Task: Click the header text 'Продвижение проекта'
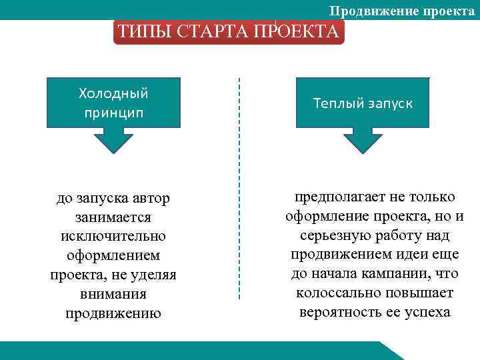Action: click(x=402, y=11)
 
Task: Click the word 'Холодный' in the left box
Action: click(x=113, y=92)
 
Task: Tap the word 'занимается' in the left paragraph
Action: click(x=113, y=217)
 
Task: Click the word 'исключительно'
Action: click(x=113, y=237)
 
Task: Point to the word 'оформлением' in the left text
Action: click(x=113, y=256)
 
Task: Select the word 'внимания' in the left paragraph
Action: click(x=113, y=294)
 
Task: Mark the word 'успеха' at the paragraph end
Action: click(x=427, y=312)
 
